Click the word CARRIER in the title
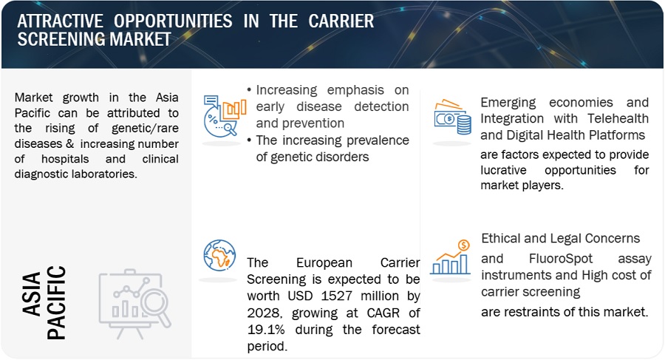(341, 21)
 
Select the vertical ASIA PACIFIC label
(44, 302)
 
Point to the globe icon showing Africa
(219, 255)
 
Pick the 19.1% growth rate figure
(266, 330)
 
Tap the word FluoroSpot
(561, 259)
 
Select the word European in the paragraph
(324, 262)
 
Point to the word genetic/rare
(145, 128)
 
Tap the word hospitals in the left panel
(65, 159)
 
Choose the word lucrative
(503, 170)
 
